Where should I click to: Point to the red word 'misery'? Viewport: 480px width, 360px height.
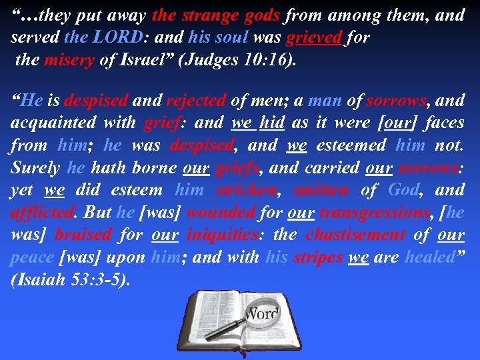click(x=69, y=61)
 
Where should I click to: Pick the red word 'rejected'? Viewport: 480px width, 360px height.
click(x=196, y=101)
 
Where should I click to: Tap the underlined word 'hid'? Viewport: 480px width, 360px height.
click(x=273, y=123)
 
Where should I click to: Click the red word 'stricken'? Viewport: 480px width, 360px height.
click(x=247, y=190)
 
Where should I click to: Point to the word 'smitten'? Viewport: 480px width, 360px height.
click(x=321, y=190)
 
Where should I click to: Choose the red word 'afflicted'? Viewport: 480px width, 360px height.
click(x=41, y=213)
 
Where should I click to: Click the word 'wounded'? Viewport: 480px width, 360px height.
click(x=221, y=213)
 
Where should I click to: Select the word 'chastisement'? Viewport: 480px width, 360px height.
click(x=355, y=235)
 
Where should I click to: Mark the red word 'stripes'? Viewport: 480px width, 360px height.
click(x=318, y=258)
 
